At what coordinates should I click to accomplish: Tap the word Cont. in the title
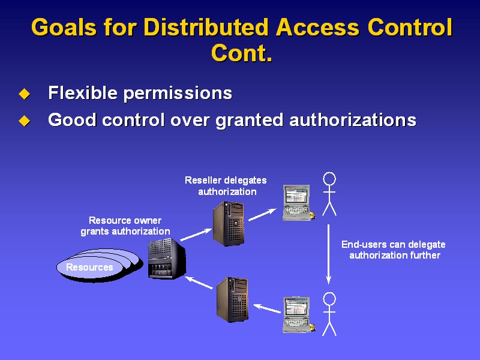(x=242, y=53)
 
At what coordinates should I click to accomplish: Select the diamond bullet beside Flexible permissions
(x=25, y=94)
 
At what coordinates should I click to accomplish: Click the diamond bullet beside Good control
(x=25, y=121)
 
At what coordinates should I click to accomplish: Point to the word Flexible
(x=83, y=92)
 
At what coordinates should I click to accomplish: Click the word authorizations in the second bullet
(x=353, y=120)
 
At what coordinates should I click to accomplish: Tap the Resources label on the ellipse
(x=89, y=267)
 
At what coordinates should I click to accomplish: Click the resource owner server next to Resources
(x=167, y=259)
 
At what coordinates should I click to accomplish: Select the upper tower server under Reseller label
(x=229, y=224)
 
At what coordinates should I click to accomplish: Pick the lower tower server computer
(x=232, y=299)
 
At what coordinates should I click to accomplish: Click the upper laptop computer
(x=298, y=202)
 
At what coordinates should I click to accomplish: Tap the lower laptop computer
(x=298, y=314)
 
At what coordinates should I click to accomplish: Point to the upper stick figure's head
(x=329, y=178)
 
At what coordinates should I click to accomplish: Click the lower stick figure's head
(x=329, y=299)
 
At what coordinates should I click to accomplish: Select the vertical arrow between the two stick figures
(x=328, y=254)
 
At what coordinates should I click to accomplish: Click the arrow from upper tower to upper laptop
(x=262, y=214)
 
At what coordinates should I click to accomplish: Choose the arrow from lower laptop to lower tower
(x=267, y=308)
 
